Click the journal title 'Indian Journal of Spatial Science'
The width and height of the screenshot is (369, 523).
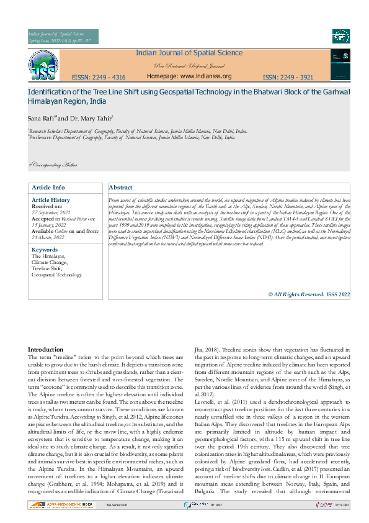(x=189, y=53)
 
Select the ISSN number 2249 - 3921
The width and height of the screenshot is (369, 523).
(x=288, y=78)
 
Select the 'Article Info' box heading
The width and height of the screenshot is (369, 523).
(x=48, y=188)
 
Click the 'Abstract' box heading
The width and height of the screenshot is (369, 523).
(x=120, y=188)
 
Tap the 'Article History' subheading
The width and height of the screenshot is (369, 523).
(x=51, y=200)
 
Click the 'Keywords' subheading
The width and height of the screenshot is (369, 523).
(x=45, y=250)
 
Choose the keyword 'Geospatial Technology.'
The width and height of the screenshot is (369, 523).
(x=57, y=274)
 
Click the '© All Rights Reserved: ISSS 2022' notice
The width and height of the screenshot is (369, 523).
(x=309, y=294)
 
